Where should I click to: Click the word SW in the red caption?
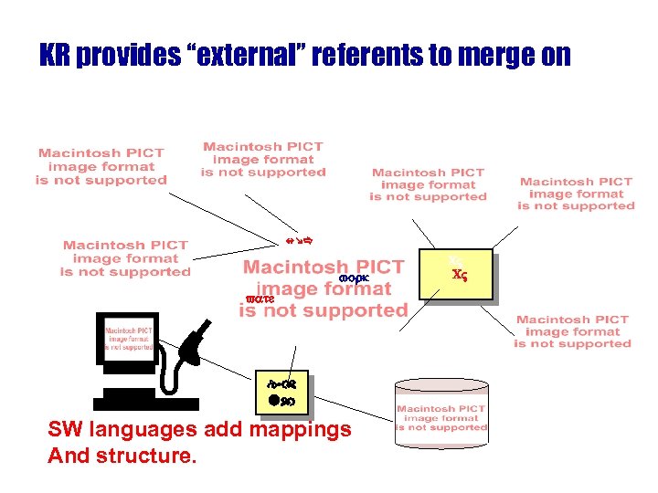tap(63, 429)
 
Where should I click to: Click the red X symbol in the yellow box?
tap(459, 273)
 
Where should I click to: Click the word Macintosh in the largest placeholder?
tap(298, 267)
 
